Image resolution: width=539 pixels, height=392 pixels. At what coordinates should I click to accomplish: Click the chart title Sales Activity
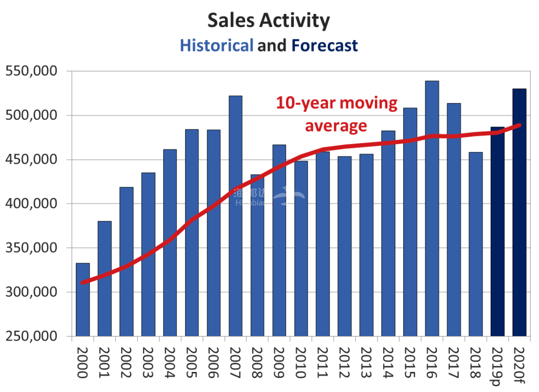point(269,20)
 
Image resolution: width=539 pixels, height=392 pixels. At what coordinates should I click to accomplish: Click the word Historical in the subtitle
point(217,45)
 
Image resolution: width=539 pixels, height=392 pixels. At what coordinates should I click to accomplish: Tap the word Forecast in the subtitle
point(325,45)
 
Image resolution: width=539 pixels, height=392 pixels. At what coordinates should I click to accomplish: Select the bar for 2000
point(82,299)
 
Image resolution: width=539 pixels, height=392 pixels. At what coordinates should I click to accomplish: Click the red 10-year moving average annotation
point(337,114)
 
